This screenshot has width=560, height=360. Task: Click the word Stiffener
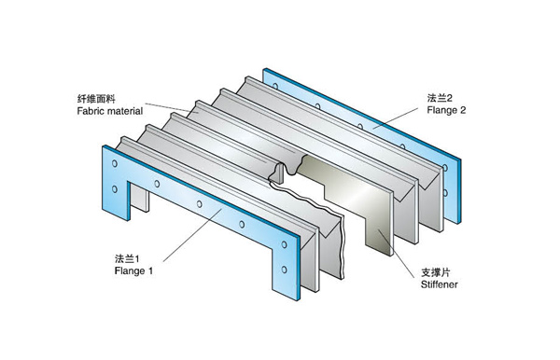tap(439, 284)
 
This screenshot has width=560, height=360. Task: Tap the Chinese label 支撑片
tap(435, 272)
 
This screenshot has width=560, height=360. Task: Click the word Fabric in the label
tap(91, 111)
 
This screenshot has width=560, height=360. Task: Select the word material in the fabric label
tap(125, 111)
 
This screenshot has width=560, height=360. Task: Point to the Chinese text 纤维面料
tap(96, 99)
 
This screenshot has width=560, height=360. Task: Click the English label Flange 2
tap(446, 110)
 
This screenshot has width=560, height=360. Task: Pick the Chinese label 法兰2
tap(440, 98)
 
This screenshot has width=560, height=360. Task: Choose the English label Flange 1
tap(133, 270)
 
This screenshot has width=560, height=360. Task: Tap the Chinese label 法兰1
tap(127, 258)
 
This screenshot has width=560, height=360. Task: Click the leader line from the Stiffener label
tap(396, 253)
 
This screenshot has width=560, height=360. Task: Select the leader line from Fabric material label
tap(167, 108)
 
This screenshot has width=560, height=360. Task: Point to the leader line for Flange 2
tap(396, 118)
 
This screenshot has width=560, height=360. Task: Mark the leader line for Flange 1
tap(192, 235)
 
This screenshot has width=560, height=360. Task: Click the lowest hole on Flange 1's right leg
tap(284, 270)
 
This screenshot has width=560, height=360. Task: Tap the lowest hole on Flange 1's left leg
tap(115, 188)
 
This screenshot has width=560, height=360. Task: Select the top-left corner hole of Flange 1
tap(115, 163)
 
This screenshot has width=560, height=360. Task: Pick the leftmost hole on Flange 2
tap(275, 86)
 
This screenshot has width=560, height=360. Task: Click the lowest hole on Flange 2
tap(445, 193)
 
